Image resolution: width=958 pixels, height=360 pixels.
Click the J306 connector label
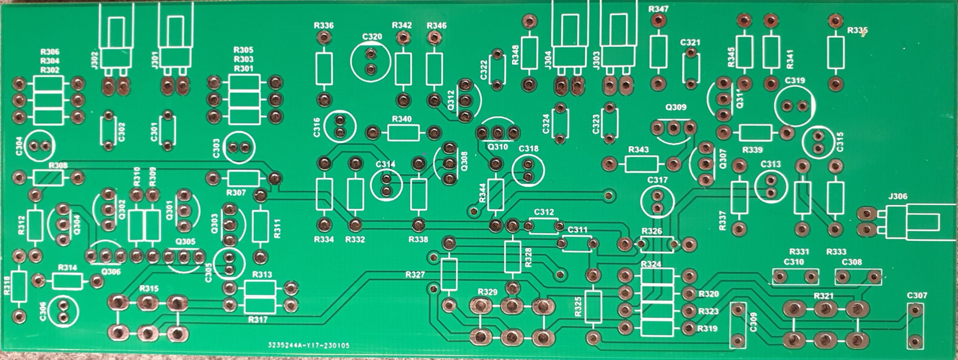898,196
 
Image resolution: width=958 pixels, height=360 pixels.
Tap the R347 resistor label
659,10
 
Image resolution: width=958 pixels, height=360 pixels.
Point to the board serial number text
309,346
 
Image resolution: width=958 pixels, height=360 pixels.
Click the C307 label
917,296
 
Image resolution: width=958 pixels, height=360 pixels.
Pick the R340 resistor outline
402,131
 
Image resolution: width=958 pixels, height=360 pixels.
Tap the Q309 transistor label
676,108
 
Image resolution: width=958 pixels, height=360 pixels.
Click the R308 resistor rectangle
49,177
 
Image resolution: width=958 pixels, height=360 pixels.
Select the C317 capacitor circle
657,202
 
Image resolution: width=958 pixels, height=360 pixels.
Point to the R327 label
415,275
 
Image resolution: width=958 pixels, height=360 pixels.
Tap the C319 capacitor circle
795,106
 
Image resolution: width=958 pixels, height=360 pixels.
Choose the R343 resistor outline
641,164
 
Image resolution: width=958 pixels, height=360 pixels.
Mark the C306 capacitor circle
63,310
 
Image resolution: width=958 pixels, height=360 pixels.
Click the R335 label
857,31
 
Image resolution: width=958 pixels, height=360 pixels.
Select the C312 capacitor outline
544,226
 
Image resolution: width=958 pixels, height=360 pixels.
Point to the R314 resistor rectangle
68,281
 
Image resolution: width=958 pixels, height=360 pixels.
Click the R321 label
824,297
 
